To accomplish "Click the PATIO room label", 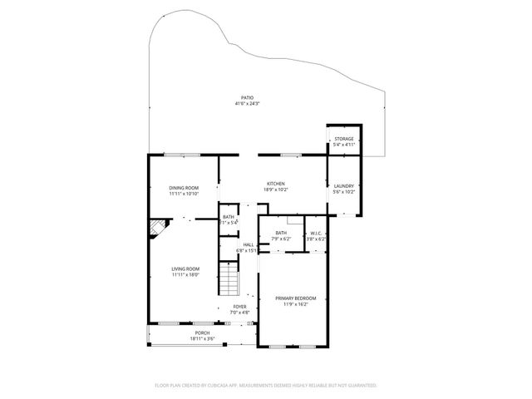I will pos(248,97).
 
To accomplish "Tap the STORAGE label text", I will pos(344,139).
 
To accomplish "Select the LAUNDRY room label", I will pos(344,185).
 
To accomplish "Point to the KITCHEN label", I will pos(276,184).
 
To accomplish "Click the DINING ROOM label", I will pos(184,188).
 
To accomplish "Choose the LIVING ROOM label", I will pos(186,268).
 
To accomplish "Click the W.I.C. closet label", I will pos(316,234).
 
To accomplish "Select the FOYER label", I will pos(239,307).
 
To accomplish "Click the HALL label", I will pos(248,244).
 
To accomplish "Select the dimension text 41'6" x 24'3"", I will pos(248,104).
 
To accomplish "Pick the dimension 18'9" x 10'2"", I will pos(276,190).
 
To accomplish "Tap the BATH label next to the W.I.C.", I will pos(281,233).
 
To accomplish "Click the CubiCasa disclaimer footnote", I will pos(266,386).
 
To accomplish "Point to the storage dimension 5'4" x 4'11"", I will pos(344,145).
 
